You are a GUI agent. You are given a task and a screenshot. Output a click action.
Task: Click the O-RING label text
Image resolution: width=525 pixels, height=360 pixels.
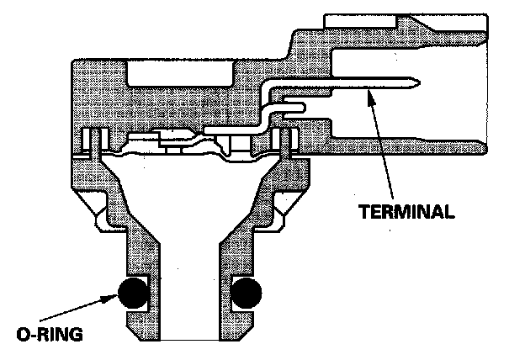tap(49, 335)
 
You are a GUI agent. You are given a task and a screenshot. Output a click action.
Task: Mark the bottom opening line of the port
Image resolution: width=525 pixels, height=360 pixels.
tap(189, 340)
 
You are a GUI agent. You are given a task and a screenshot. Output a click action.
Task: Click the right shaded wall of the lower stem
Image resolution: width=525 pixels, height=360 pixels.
tap(236, 252)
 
